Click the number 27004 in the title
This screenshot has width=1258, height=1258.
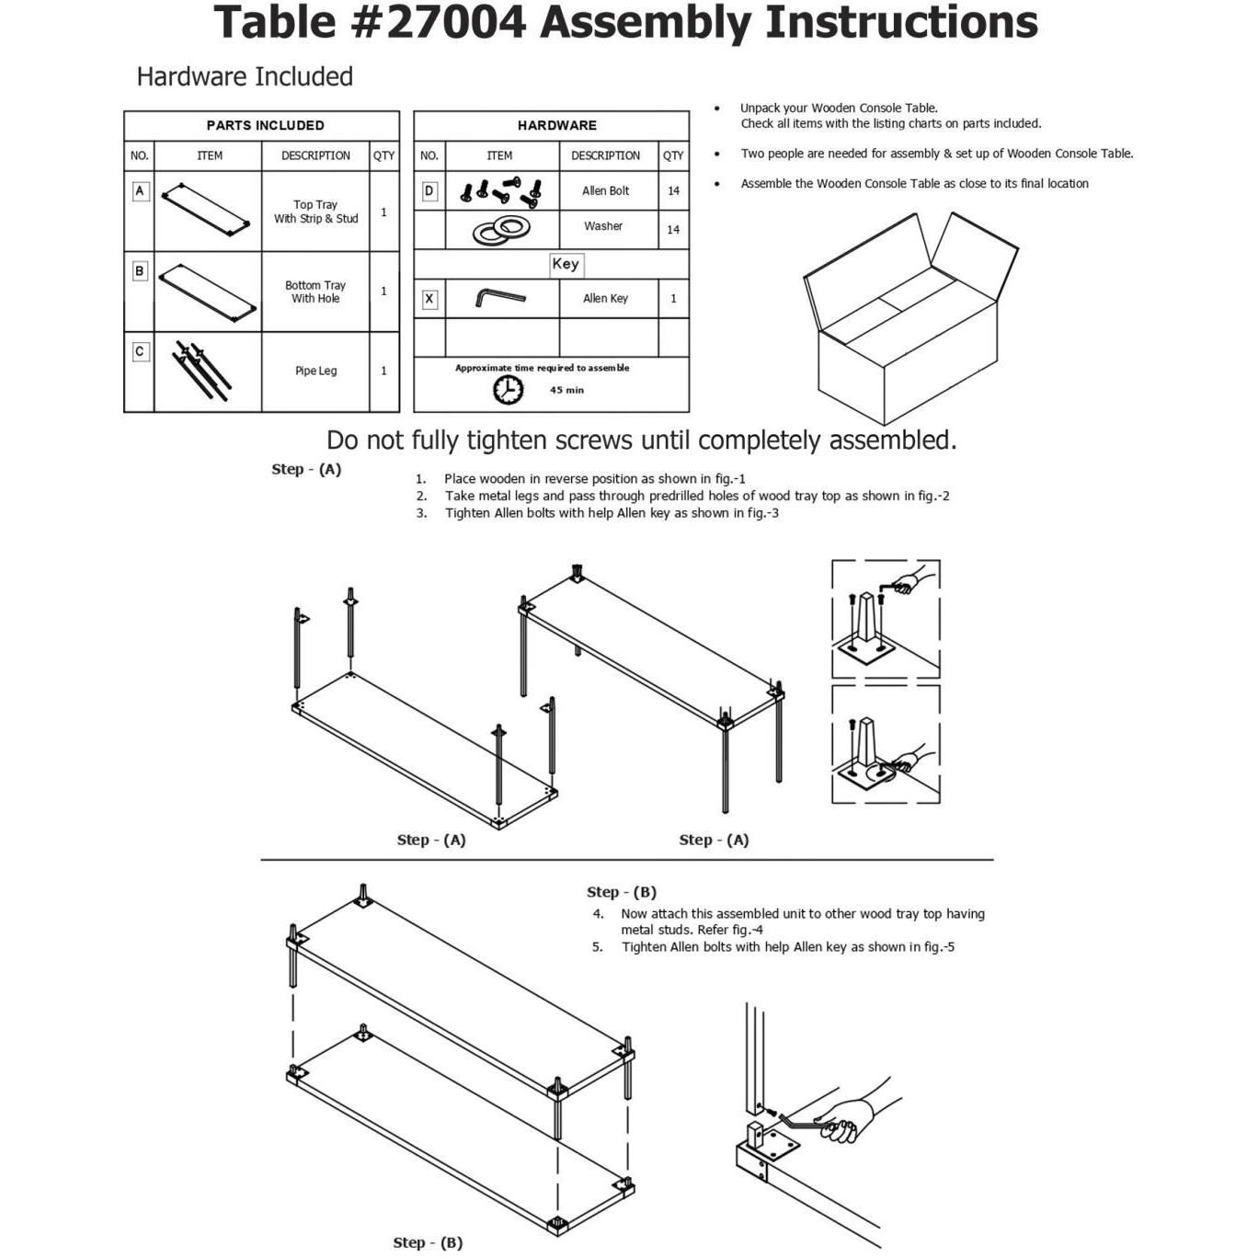tap(455, 22)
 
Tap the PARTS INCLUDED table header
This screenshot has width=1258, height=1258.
tap(265, 125)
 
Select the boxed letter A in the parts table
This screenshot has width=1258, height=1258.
tap(140, 191)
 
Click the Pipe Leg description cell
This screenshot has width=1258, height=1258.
tap(315, 371)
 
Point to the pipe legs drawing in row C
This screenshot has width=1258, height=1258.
tap(202, 370)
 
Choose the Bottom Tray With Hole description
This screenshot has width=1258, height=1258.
tap(315, 292)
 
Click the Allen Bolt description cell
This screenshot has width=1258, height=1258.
tap(605, 190)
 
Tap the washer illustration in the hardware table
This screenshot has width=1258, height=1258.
tap(502, 229)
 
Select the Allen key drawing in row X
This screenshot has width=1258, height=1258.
tap(500, 298)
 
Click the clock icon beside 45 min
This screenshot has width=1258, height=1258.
tap(508, 389)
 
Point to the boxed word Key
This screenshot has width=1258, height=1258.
tap(566, 264)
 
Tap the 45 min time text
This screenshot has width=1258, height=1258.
tap(566, 390)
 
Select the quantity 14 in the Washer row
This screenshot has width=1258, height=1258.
tap(673, 230)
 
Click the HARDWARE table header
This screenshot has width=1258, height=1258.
tap(556, 125)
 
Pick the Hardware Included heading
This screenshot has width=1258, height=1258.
tap(245, 76)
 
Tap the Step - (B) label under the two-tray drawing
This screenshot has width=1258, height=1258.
tap(428, 1242)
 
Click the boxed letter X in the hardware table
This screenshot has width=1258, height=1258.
tap(429, 299)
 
